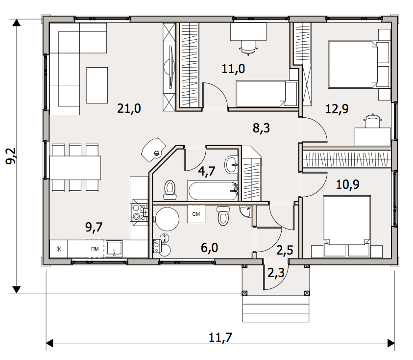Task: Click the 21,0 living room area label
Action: tap(129, 108)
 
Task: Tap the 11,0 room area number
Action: tap(233, 69)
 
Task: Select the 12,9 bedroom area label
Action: tap(337, 109)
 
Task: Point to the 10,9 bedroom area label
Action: tap(348, 184)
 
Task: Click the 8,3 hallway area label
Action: tap(261, 128)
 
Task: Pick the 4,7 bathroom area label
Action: tap(207, 171)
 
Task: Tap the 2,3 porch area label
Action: tap(276, 273)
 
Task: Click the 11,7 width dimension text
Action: tap(220, 337)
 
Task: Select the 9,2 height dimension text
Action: tap(11, 155)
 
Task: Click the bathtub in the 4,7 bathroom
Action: tap(213, 190)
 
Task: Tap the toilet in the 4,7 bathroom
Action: tap(170, 190)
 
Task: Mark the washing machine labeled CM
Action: tap(196, 214)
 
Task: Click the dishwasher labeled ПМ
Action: tap(95, 249)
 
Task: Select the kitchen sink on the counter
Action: tap(114, 249)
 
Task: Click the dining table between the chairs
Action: tap(75, 168)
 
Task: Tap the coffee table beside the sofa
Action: tap(97, 85)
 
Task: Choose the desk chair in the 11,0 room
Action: tap(248, 48)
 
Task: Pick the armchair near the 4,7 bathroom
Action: tap(153, 150)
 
